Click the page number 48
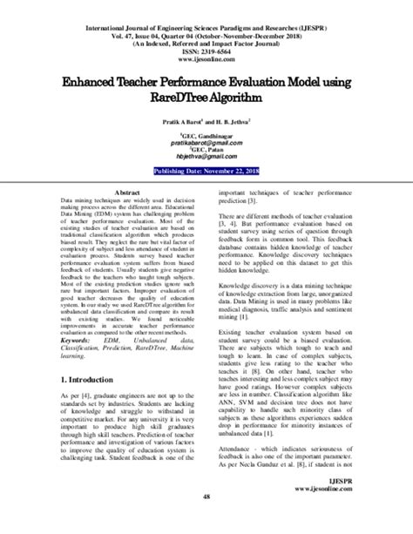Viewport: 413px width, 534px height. [x=206, y=522]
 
